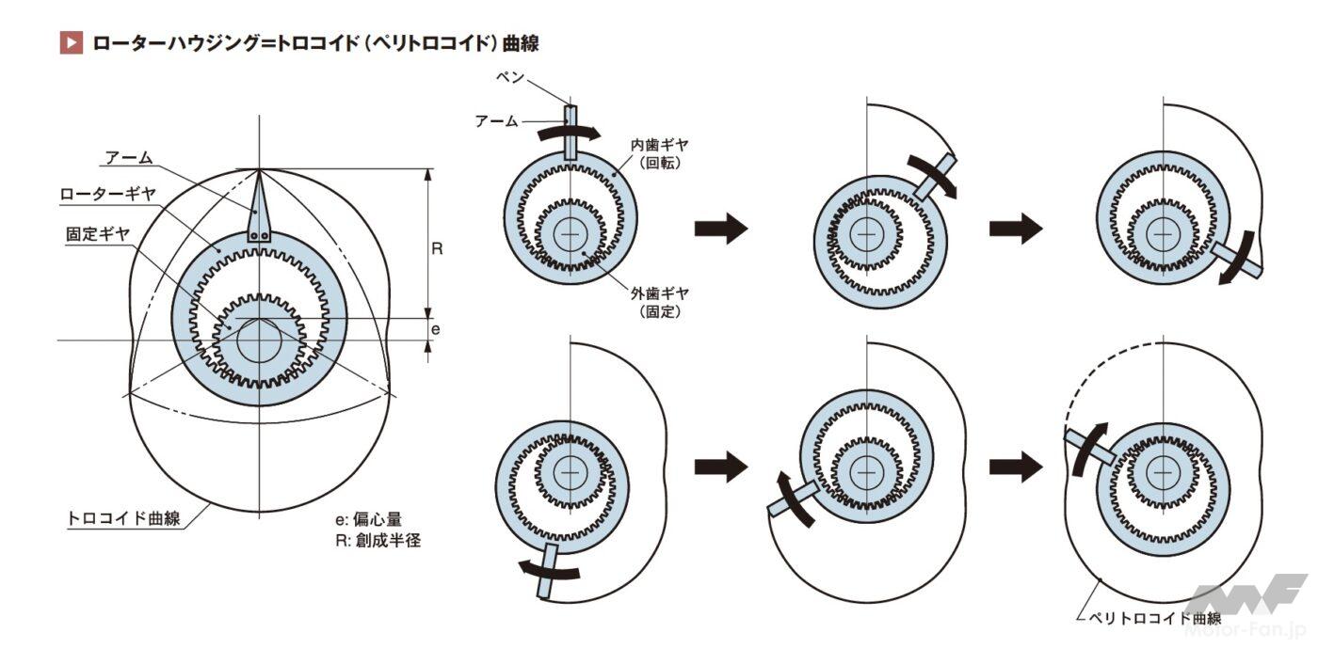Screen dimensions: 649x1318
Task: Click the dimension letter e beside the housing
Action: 435,329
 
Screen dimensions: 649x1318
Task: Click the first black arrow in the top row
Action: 720,229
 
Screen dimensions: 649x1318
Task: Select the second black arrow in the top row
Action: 1016,229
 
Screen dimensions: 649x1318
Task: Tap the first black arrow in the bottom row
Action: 720,466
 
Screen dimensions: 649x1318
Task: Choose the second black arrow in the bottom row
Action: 1016,466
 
